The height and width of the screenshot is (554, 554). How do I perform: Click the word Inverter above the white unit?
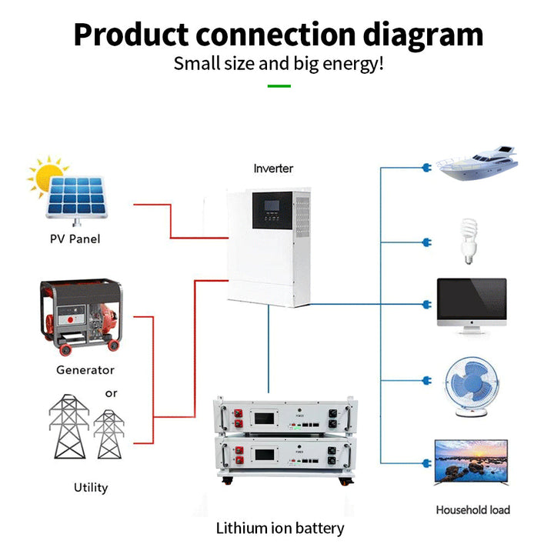(273, 168)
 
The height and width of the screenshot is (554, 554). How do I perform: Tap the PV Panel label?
(75, 239)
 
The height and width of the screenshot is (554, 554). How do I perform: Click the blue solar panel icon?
(76, 199)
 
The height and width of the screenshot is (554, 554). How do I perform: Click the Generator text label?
(85, 370)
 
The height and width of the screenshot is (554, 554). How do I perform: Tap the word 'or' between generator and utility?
(112, 393)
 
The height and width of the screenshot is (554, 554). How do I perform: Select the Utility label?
(91, 487)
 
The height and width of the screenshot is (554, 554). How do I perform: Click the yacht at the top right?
(475, 164)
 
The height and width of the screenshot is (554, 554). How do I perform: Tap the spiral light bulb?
(467, 235)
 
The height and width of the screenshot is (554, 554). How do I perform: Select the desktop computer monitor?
(472, 305)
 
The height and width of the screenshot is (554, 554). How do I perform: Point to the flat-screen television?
(472, 462)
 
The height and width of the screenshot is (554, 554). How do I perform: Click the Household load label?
(472, 509)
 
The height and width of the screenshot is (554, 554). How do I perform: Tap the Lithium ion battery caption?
(280, 529)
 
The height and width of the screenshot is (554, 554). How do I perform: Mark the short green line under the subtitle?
(279, 85)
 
